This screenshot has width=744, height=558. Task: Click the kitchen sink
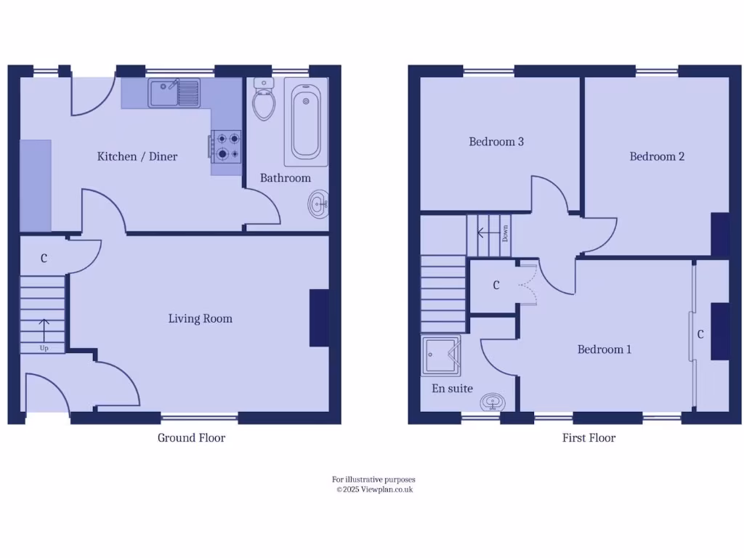(x=174, y=93)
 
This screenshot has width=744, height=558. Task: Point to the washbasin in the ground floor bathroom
(x=318, y=204)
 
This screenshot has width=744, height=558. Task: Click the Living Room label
(x=200, y=318)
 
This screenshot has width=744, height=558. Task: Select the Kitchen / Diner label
(x=137, y=156)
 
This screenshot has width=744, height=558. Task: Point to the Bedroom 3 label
(x=496, y=142)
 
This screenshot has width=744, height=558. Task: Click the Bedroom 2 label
(x=657, y=156)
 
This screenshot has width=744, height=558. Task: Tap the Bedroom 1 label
(x=604, y=349)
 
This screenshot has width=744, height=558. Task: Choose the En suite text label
(x=452, y=389)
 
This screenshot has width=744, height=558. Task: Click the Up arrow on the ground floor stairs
(x=44, y=331)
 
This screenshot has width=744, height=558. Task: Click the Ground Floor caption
(x=191, y=437)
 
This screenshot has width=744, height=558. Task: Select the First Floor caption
(x=589, y=437)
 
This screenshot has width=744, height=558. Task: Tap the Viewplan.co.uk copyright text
(x=374, y=490)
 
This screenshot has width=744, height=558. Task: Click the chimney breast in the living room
(x=319, y=318)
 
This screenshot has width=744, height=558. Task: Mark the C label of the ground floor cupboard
(x=44, y=258)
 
